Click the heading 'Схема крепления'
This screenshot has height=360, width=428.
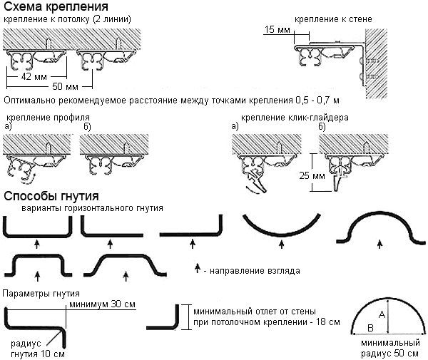tap(49, 6)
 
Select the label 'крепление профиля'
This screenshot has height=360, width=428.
tap(48, 116)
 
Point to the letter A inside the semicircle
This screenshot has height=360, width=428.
tap(382, 314)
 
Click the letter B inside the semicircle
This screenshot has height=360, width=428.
tap(370, 327)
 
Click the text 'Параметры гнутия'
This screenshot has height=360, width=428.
tap(41, 293)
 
